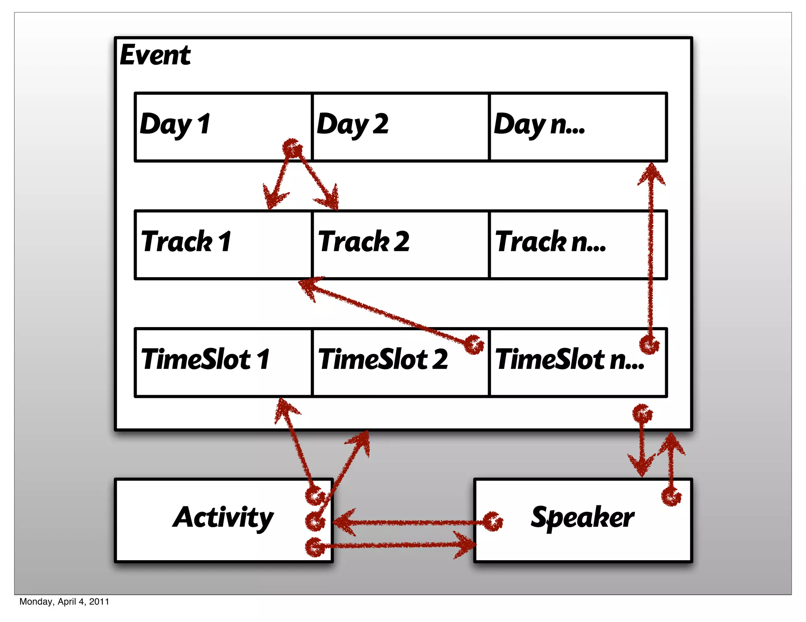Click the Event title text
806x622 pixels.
pyautogui.click(x=155, y=55)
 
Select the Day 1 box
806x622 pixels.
pyautogui.click(x=223, y=127)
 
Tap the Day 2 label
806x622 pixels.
pyautogui.click(x=353, y=124)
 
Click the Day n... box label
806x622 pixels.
pyautogui.click(x=539, y=124)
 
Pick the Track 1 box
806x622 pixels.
pyautogui.click(x=223, y=245)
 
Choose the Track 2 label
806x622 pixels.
pyautogui.click(x=364, y=241)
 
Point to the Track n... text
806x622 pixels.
pyautogui.click(x=550, y=241)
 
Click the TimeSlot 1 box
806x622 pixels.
pyautogui.click(x=223, y=362)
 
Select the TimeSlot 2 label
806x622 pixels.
pyautogui.click(x=383, y=359)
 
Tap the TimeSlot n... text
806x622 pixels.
pyautogui.click(x=569, y=359)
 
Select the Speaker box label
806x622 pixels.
pyautogui.click(x=582, y=517)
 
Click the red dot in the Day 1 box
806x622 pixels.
pyautogui.click(x=292, y=149)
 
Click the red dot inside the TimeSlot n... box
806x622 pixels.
pyautogui.click(x=649, y=345)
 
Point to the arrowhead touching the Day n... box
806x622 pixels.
pyautogui.click(x=652, y=173)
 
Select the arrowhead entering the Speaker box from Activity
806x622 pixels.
pyautogui.click(x=466, y=545)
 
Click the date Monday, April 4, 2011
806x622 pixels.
pyautogui.click(x=64, y=602)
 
